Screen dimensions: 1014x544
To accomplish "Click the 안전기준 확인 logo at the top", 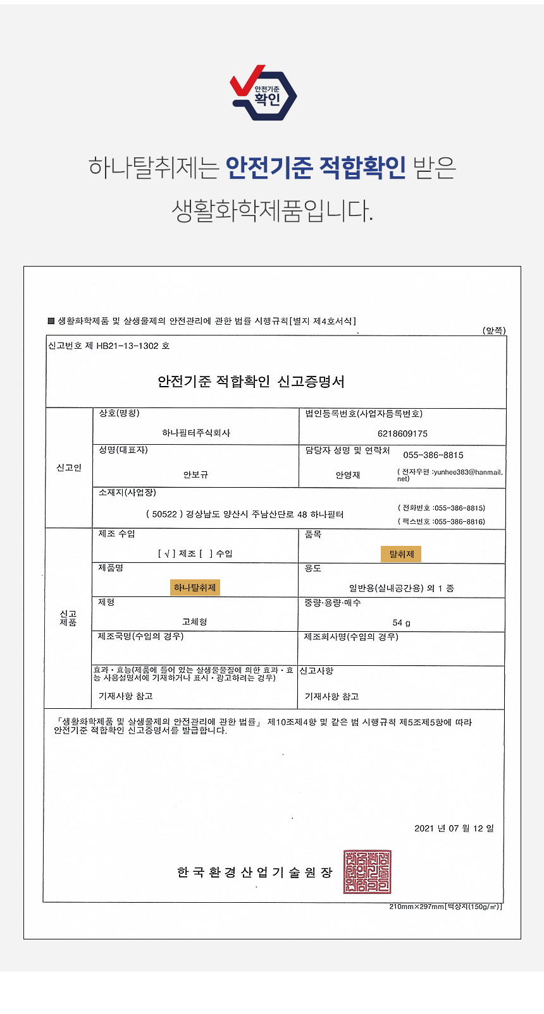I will [x=263, y=94].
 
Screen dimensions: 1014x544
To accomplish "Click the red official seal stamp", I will [x=367, y=872].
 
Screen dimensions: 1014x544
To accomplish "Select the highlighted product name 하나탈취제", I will [x=195, y=588].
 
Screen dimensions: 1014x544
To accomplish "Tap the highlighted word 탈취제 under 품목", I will [x=401, y=554].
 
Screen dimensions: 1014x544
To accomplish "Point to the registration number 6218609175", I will [x=402, y=433].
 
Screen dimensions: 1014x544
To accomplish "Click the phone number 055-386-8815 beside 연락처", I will [x=433, y=455].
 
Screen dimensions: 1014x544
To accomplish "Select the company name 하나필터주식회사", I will [x=196, y=433].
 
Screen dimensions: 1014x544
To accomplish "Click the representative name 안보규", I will [x=195, y=474].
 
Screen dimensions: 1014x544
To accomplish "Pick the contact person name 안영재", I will [x=347, y=475].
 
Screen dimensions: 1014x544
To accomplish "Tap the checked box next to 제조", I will [x=166, y=554].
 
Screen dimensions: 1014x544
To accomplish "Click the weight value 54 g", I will [x=401, y=623].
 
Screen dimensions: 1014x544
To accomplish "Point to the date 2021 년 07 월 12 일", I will [x=454, y=828].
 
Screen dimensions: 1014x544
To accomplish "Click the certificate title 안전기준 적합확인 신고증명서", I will [x=251, y=382].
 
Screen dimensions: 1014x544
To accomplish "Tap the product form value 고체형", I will [x=194, y=622].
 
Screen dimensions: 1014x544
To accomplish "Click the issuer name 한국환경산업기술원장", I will [x=254, y=872].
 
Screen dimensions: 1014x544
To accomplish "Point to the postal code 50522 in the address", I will [x=164, y=514].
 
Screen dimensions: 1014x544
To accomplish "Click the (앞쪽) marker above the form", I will [x=494, y=330].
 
